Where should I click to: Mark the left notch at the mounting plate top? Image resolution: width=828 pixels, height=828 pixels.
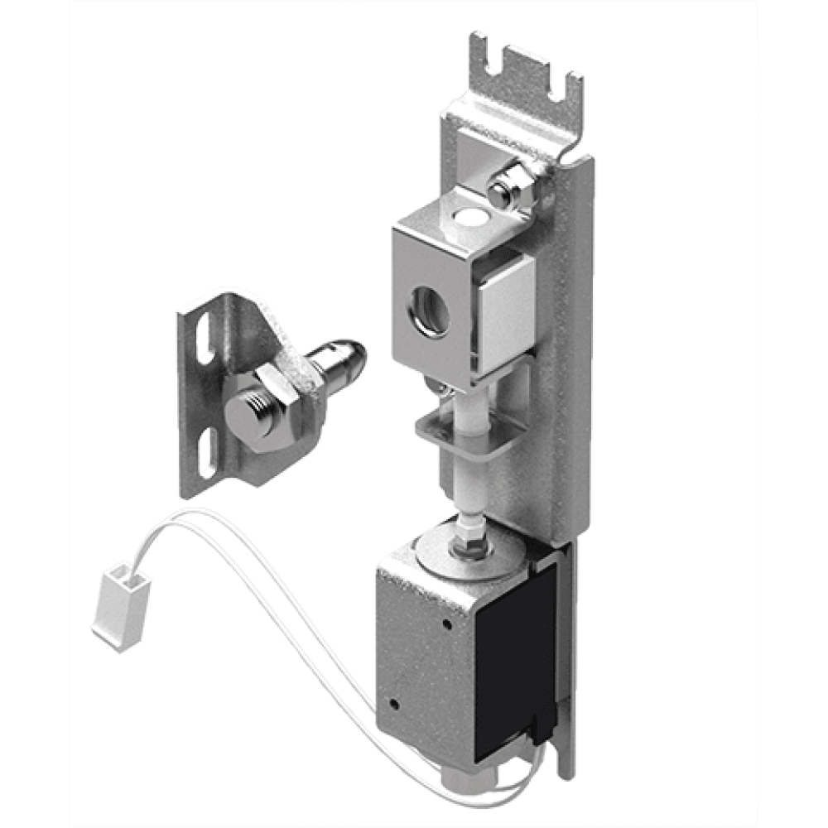pos(501,63)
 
